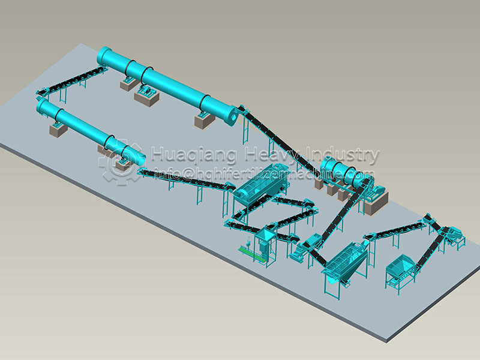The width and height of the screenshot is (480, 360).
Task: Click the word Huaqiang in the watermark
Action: (x=194, y=155)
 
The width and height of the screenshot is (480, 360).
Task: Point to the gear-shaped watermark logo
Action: (x=120, y=161)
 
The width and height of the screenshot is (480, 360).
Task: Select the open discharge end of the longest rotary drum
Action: (x=232, y=116)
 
